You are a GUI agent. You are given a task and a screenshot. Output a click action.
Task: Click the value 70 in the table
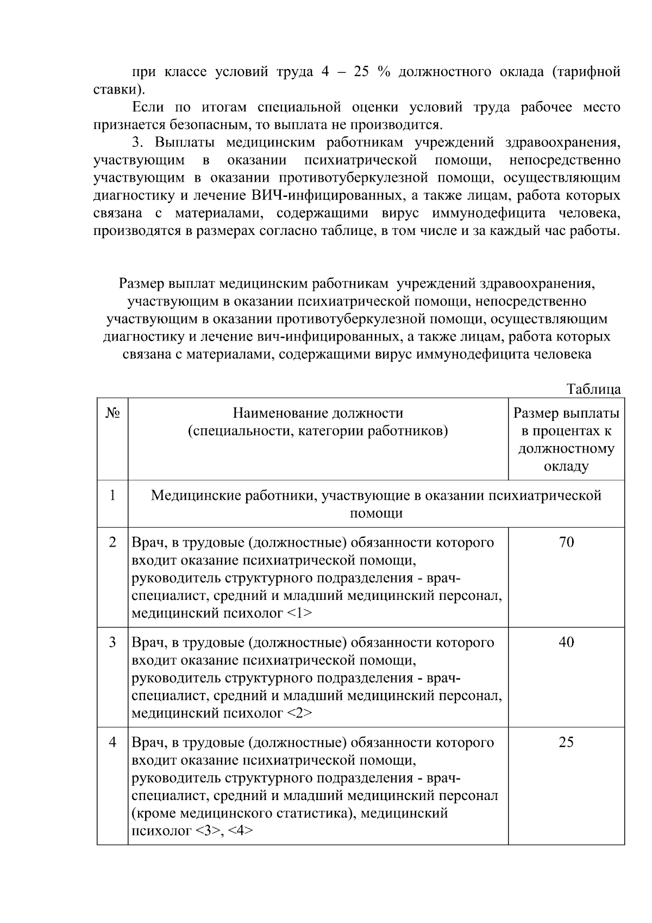[566, 542]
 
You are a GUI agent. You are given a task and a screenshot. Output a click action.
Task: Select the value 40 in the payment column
[566, 642]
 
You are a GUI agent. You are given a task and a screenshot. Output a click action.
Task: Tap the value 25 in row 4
[566, 742]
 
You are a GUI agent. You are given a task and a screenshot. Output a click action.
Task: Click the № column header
[112, 413]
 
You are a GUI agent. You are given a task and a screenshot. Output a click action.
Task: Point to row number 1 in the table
[112, 495]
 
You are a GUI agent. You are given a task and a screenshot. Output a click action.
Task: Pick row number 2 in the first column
[112, 542]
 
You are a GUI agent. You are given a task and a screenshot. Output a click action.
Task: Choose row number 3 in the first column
[112, 642]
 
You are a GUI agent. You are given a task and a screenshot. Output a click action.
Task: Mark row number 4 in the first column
[112, 742]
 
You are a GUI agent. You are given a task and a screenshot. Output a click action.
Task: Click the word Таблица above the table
[593, 389]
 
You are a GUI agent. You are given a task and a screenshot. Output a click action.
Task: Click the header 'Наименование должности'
[318, 413]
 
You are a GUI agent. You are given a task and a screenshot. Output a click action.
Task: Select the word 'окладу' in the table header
[566, 467]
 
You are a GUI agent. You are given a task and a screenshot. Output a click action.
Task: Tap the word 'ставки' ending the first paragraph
[116, 89]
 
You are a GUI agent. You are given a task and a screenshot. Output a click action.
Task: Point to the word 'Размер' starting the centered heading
[142, 284]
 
